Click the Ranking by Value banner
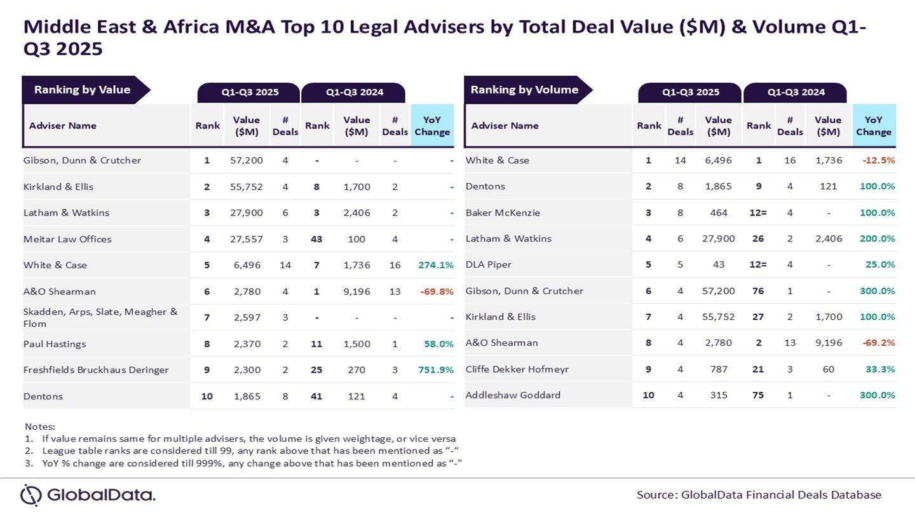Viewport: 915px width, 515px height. [x=83, y=90]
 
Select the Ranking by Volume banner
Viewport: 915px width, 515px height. [x=525, y=90]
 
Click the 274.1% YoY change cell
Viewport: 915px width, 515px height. [x=436, y=265]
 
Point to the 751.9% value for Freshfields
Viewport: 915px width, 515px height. [x=436, y=370]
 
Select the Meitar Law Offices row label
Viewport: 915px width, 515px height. [x=67, y=239]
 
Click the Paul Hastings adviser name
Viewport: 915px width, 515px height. [x=55, y=344]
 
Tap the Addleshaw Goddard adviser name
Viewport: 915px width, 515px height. [x=513, y=395]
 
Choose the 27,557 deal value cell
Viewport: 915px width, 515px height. [x=246, y=239]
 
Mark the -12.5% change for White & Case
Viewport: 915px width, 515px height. [x=878, y=160]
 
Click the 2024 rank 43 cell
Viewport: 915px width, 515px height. [x=316, y=239]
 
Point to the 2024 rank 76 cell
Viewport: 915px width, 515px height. [x=758, y=291]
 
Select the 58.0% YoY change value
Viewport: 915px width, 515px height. [x=438, y=344]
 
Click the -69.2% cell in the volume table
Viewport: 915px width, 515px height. [x=878, y=343]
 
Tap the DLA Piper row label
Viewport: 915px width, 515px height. [x=489, y=264]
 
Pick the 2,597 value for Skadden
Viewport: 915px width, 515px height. [x=246, y=317]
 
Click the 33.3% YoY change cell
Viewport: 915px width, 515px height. [x=882, y=369]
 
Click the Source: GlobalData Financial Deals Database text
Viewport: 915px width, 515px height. [x=759, y=495]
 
